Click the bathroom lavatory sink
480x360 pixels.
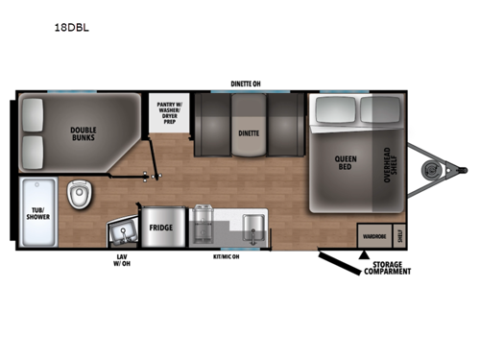click(x=122, y=230)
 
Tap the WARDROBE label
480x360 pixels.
click(x=372, y=233)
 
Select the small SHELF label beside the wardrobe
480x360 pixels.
click(x=399, y=233)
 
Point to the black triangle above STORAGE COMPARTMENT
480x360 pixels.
click(x=364, y=255)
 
